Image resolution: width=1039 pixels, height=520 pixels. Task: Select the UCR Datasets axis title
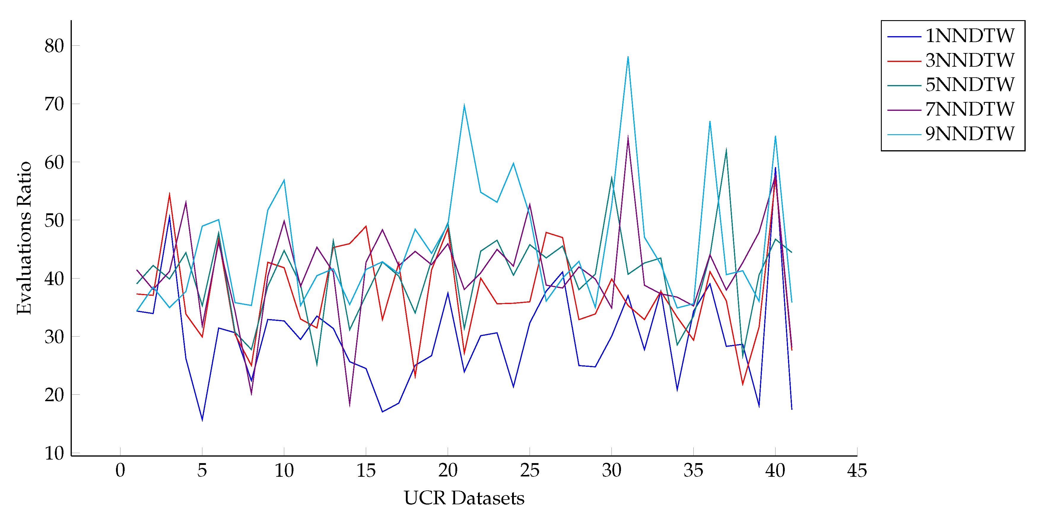tap(464, 498)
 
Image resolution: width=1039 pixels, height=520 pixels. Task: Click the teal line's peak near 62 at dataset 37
tap(726, 150)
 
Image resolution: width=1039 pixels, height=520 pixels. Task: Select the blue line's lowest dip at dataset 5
tap(202, 420)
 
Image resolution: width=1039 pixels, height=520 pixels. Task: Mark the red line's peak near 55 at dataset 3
tap(169, 194)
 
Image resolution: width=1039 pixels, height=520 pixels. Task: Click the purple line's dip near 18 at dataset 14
tap(349, 406)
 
